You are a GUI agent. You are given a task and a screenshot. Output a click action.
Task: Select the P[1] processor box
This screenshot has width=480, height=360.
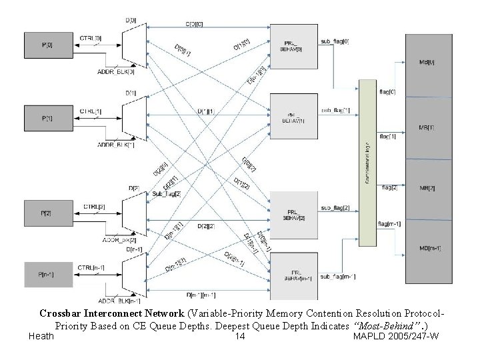(47, 117)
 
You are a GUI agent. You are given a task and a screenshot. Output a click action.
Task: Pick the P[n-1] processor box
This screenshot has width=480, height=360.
(47, 273)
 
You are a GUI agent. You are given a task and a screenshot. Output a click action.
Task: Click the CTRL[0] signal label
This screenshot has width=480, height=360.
(91, 38)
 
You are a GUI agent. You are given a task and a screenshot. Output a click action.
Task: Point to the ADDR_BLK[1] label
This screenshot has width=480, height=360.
(116, 144)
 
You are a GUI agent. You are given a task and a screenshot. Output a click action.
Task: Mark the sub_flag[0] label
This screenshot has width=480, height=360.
(335, 41)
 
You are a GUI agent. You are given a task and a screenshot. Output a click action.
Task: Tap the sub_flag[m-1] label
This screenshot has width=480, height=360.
(336, 276)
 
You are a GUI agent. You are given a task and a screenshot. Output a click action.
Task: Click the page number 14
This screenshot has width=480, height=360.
(241, 337)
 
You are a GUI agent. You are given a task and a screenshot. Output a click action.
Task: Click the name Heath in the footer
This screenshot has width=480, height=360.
(41, 337)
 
